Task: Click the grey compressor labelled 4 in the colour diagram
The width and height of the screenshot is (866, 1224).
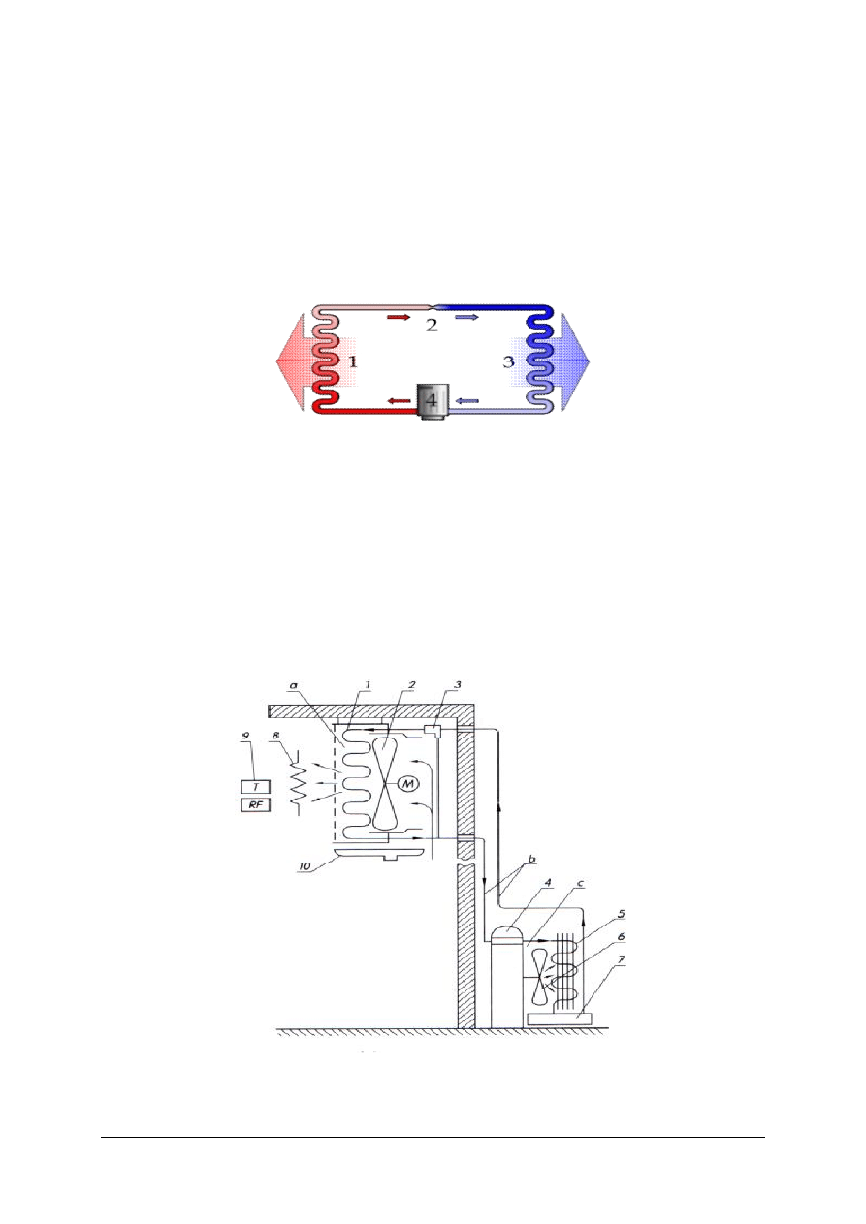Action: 432,401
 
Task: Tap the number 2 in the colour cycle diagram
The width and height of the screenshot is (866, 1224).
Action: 432,326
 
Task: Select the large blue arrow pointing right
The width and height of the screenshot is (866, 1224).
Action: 563,361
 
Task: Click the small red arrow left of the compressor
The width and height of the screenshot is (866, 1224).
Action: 400,401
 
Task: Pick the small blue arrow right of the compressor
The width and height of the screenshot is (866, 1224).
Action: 466,401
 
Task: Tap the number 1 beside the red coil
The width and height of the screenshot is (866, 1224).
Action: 353,361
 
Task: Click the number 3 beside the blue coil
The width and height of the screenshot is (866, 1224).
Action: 509,361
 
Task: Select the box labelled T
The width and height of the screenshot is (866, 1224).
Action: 256,787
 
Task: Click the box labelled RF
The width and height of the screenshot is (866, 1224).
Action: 256,805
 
